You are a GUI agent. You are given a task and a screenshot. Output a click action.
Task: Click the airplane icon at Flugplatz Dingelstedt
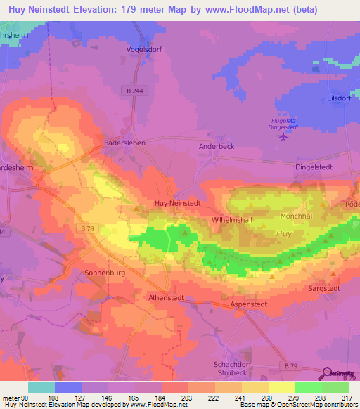coord(283,136)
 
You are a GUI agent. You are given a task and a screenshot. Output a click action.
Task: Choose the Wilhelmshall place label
coord(232,220)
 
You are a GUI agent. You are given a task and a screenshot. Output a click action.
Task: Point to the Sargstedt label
coord(325,288)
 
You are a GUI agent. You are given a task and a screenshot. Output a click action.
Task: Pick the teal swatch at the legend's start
coord(41,387)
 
